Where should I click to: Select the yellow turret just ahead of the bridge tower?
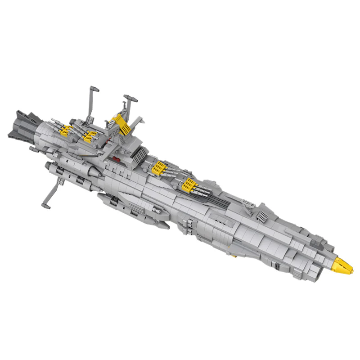160,168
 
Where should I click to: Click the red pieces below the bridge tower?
117,158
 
